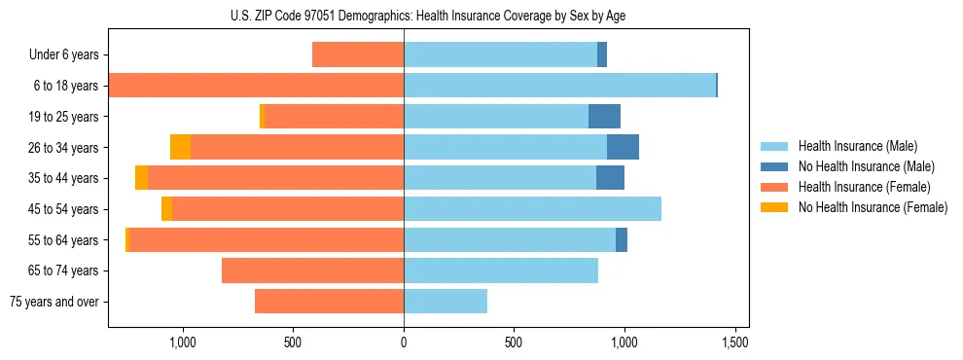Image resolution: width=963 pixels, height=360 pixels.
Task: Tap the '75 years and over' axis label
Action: click(54, 302)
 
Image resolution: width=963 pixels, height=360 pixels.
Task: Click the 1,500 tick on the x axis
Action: click(734, 342)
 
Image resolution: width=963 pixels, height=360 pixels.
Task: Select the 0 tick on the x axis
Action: click(404, 342)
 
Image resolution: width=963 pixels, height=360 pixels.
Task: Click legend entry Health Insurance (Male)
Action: click(857, 146)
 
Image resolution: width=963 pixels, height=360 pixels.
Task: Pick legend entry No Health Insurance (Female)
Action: click(873, 207)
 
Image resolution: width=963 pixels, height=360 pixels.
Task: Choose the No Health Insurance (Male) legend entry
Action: click(866, 166)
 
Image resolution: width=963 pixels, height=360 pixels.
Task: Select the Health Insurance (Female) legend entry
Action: click(864, 187)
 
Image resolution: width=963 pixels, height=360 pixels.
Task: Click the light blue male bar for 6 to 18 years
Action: click(559, 86)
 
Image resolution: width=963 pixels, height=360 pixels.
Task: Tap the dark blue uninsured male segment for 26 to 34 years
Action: click(623, 147)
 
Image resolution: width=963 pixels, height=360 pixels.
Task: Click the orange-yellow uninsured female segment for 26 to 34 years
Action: click(180, 147)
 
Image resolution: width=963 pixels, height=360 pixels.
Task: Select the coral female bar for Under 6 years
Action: click(358, 54)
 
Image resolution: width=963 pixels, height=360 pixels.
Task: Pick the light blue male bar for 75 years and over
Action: click(446, 302)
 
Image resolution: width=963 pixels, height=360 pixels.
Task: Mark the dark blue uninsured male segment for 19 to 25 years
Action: click(604, 116)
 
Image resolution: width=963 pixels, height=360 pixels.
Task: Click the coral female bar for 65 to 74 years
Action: click(312, 270)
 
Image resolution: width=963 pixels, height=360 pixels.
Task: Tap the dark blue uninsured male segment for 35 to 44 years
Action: click(610, 178)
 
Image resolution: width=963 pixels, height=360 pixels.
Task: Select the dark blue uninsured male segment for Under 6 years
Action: click(602, 54)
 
